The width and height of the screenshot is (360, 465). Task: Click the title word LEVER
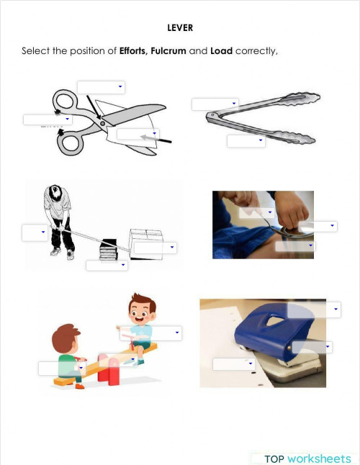pyautogui.click(x=179, y=29)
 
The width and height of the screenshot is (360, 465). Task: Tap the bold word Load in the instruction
pyautogui.click(x=221, y=51)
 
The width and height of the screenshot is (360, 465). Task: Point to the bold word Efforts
pyautogui.click(x=133, y=51)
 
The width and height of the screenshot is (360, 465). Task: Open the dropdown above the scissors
pyautogui.click(x=101, y=87)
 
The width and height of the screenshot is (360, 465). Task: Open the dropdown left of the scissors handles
pyautogui.click(x=47, y=119)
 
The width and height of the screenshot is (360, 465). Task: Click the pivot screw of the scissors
pyautogui.click(x=102, y=123)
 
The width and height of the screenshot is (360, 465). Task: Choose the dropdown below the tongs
pyautogui.click(x=246, y=141)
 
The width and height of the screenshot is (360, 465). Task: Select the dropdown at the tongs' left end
pyautogui.click(x=214, y=104)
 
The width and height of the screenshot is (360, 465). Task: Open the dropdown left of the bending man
pyautogui.click(x=34, y=232)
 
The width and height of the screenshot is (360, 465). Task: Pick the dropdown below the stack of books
pyautogui.click(x=107, y=266)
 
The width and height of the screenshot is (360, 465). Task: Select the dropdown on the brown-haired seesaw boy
pyautogui.click(x=61, y=369)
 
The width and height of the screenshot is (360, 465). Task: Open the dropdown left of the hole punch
pyautogui.click(x=233, y=364)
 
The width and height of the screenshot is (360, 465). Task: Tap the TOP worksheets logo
pyautogui.click(x=307, y=459)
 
